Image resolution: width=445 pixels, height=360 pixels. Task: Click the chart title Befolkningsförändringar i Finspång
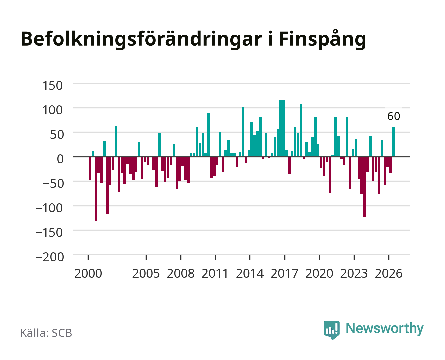tap(193, 40)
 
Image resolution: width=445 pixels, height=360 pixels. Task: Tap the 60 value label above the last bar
tap(394, 116)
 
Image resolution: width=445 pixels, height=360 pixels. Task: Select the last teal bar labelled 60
tap(393, 142)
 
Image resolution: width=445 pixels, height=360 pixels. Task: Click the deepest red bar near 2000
tap(96, 189)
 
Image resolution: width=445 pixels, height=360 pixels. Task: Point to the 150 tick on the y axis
tap(52, 86)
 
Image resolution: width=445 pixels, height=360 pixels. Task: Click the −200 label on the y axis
tap(50, 257)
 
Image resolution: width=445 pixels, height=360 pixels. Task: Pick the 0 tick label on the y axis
tap(60, 159)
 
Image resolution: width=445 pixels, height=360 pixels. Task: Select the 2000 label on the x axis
tap(88, 273)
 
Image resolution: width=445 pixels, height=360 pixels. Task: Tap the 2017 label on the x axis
tap(284, 273)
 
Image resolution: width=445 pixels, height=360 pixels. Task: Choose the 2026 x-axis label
tap(389, 273)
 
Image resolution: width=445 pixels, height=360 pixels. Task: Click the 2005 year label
tap(146, 273)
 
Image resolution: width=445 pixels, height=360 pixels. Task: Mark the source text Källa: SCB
tap(46, 333)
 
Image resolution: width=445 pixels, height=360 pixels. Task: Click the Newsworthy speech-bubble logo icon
tap(331, 330)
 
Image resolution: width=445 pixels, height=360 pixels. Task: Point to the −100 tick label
tap(49, 208)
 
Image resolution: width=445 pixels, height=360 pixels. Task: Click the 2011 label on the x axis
tap(215, 273)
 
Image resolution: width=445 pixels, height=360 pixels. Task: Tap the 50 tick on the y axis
tap(57, 134)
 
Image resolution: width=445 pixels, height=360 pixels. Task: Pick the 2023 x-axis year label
tap(354, 273)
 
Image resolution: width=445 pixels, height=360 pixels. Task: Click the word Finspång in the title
tap(322, 40)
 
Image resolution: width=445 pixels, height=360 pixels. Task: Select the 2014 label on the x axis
tap(250, 273)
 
